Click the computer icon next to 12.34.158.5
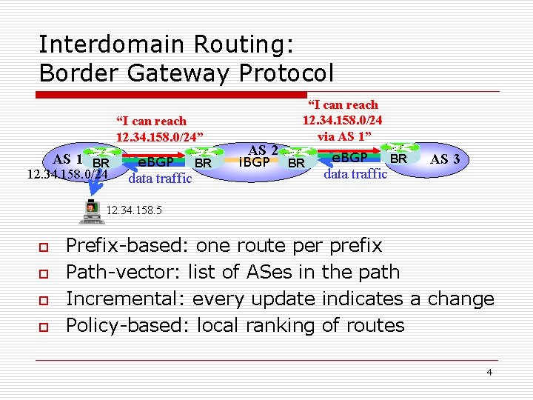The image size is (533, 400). pos(91,210)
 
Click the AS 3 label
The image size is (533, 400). pos(445,159)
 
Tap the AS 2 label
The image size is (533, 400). pos(263,150)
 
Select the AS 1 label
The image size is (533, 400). pos(67,159)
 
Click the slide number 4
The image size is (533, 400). pos(489,372)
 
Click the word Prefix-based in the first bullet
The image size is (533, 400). pos(127,246)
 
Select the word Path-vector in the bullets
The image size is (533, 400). pos(121,273)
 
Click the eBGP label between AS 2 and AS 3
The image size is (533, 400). pos(350,159)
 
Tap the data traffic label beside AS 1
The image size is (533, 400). pos(160,179)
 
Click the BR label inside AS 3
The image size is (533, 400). pos(398,159)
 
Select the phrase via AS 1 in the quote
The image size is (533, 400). pos(342,136)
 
